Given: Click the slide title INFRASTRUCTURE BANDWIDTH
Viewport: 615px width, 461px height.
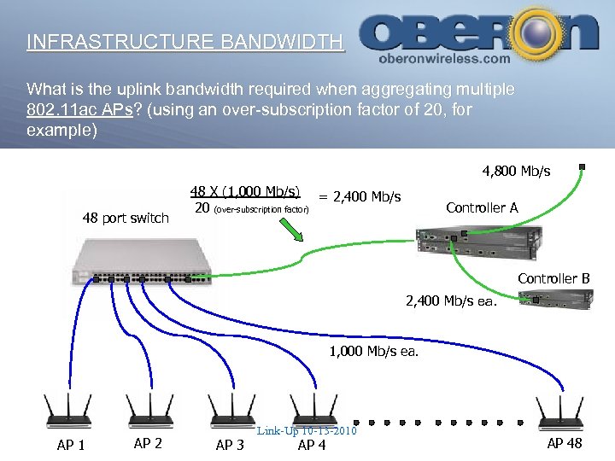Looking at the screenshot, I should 184,42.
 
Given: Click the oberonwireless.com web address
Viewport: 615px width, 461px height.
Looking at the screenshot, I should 443,59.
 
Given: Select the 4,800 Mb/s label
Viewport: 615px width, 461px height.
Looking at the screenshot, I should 516,172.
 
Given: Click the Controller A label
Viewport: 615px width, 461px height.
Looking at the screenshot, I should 482,207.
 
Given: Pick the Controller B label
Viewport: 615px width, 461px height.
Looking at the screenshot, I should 553,278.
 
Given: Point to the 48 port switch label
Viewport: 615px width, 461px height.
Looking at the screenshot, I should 126,219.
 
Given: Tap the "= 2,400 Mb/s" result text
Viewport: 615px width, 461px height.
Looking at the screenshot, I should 359,197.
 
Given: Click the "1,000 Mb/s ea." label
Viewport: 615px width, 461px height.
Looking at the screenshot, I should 374,351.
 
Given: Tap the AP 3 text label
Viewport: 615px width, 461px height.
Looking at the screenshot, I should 230,445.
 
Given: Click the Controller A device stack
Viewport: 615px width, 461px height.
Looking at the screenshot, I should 477,242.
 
